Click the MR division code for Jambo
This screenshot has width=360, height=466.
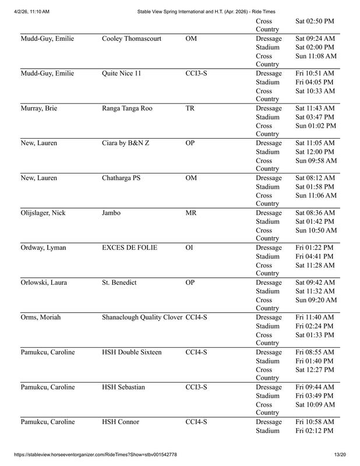pyautogui.click(x=191, y=213)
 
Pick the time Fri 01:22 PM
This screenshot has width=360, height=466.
pyautogui.click(x=315, y=248)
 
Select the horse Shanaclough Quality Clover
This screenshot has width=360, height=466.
pyautogui.click(x=142, y=318)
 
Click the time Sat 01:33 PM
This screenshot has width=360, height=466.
pyautogui.click(x=315, y=336)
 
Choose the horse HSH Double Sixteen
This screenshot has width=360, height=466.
pyautogui.click(x=132, y=353)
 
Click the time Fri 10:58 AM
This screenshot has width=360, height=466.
pyautogui.click(x=315, y=422)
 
